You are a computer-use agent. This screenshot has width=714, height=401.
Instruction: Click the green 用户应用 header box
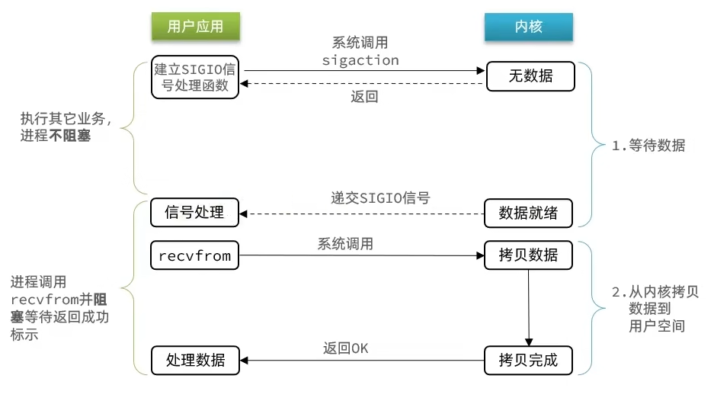195,27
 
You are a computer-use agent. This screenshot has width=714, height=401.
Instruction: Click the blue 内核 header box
528,27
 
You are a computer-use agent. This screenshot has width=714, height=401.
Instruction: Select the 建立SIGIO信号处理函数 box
195,77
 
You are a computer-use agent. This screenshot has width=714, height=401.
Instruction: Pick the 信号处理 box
195,213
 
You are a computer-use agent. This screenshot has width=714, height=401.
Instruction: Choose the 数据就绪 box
528,213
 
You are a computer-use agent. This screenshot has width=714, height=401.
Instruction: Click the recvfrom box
195,255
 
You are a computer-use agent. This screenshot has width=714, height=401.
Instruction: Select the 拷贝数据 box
528,255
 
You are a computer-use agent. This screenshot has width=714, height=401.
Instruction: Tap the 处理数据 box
195,360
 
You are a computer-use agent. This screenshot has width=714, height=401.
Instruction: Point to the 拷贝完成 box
528,360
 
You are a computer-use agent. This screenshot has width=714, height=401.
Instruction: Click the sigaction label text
360,59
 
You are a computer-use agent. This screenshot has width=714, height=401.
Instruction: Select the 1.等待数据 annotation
648,146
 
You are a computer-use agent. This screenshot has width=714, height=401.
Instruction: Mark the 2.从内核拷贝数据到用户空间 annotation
655,309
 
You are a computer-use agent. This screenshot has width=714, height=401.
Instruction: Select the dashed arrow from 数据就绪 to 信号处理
362,213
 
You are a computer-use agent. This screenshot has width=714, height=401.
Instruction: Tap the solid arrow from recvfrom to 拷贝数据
362,255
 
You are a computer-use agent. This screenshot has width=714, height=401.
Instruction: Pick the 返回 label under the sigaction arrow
364,97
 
